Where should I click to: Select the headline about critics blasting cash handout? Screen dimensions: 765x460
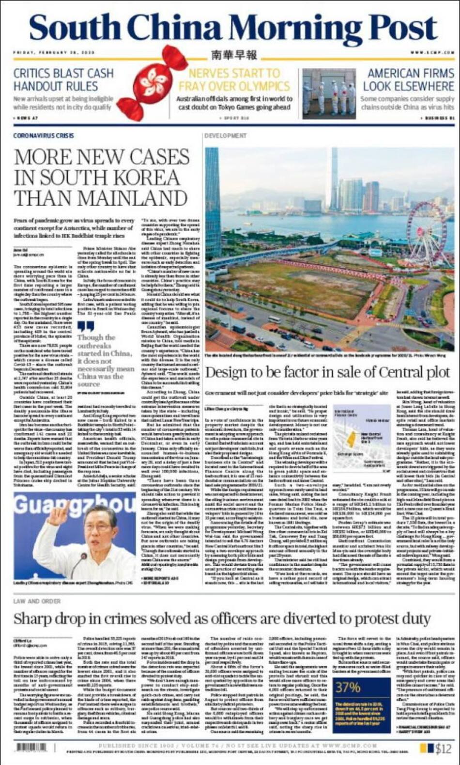(x=63, y=80)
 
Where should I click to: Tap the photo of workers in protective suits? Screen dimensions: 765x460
(x=329, y=92)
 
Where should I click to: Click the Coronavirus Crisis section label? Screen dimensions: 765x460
(x=44, y=136)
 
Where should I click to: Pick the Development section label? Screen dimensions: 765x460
(x=225, y=136)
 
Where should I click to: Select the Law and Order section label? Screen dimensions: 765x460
(x=37, y=601)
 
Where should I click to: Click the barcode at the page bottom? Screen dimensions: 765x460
(x=32, y=747)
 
